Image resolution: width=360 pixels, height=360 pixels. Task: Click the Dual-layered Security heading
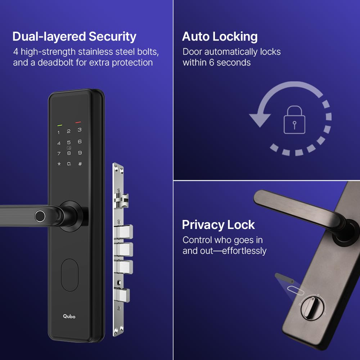pos(74,37)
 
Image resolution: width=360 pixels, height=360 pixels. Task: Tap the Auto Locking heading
pos(220,37)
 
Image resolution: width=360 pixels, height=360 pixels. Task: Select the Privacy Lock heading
pos(218,225)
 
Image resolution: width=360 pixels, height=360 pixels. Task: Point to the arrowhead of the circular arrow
pos(260,120)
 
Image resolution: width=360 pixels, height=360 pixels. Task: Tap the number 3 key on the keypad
pos(80,130)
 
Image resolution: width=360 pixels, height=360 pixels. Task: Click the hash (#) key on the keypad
pos(80,164)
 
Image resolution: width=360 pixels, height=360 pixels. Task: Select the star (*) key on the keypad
pos(59,164)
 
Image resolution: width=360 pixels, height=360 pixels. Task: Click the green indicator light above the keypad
pos(59,126)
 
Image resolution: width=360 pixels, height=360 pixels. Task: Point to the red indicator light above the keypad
pos(78,122)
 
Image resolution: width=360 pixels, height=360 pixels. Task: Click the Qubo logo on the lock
pos(69,316)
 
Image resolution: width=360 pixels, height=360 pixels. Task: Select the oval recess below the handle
pos(69,275)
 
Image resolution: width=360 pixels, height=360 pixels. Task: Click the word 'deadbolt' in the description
pos(56,62)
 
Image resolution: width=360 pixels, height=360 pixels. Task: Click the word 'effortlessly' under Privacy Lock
pos(244,251)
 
